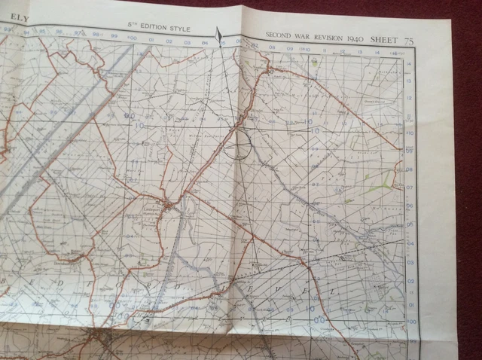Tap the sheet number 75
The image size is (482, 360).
click(x=430, y=37)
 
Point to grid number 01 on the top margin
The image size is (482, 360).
click(x=151, y=41)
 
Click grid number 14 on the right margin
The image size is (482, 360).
click(x=409, y=65)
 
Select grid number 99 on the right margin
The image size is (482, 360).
click(x=411, y=340)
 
